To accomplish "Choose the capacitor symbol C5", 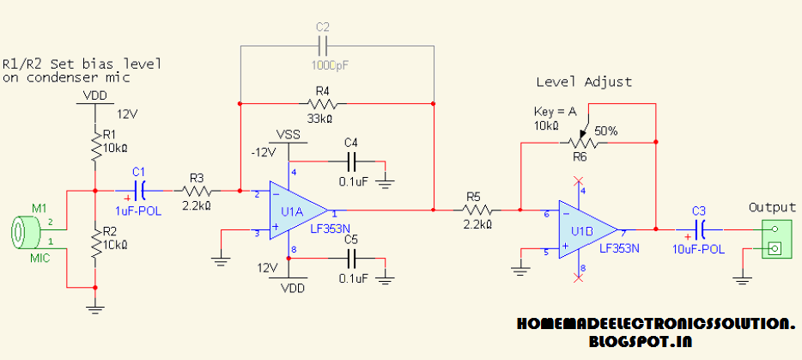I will coord(350,256).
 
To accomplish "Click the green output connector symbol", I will coord(774,239).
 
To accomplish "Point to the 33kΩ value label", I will coord(321,117).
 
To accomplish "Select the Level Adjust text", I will coord(583,82).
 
